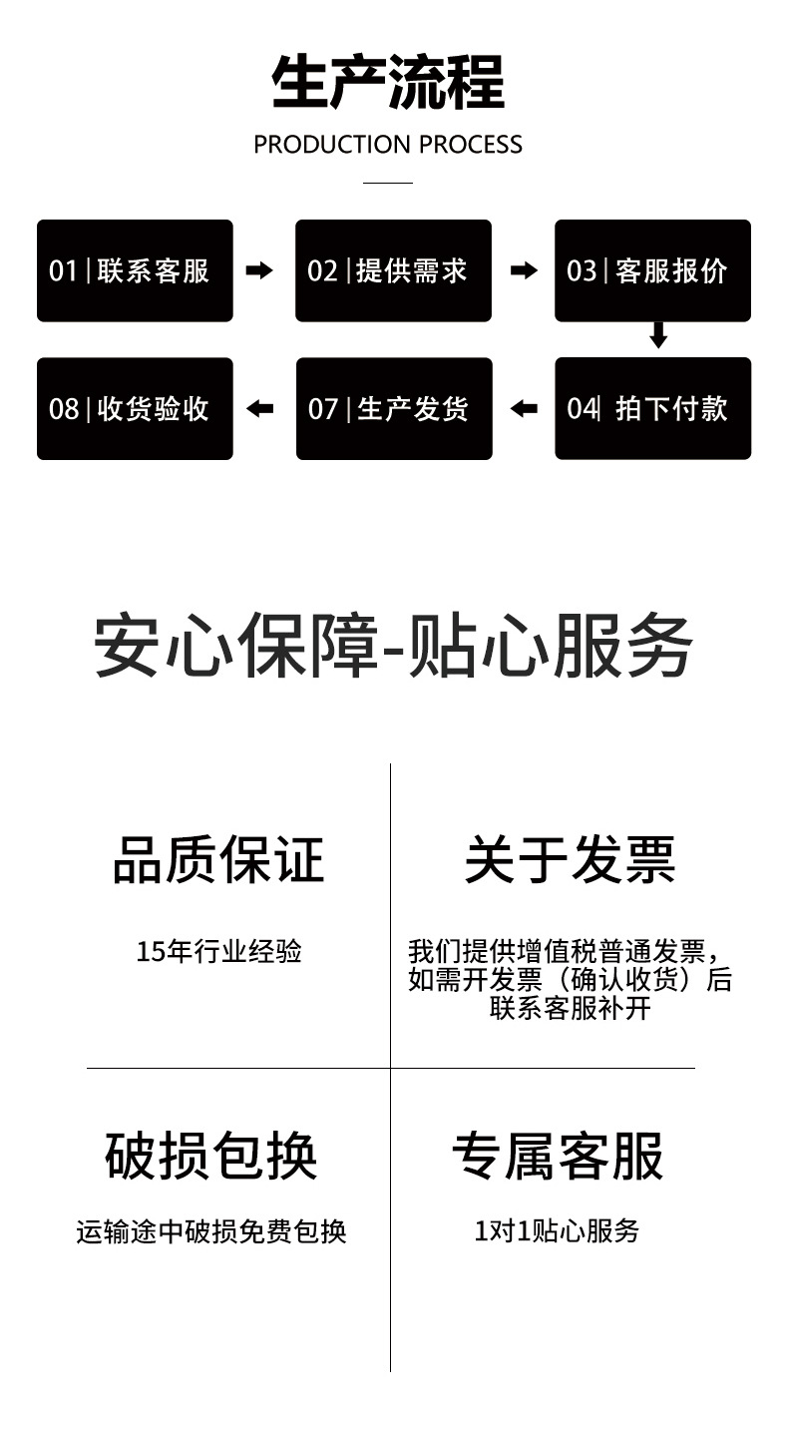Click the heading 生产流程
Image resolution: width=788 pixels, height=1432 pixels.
click(388, 83)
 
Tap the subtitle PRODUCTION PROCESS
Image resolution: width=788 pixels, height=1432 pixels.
click(388, 145)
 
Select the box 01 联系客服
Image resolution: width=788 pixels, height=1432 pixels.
click(135, 270)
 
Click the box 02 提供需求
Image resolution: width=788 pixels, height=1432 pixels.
click(393, 270)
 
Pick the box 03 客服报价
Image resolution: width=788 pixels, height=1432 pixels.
click(652, 270)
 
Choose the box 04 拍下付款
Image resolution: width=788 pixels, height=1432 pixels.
click(652, 408)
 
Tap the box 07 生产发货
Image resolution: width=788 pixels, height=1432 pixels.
click(394, 408)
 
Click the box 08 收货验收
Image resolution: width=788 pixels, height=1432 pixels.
click(135, 408)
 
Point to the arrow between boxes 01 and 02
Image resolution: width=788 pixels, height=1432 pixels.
click(259, 270)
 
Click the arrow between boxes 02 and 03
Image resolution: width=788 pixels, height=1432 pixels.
click(524, 270)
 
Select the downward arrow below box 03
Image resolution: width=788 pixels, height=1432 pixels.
click(657, 335)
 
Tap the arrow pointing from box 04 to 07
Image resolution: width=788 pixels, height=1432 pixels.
click(524, 408)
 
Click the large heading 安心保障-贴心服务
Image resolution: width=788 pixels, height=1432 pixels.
click(393, 646)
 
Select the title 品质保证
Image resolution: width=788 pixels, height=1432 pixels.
click(218, 859)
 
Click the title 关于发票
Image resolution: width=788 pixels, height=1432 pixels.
click(571, 859)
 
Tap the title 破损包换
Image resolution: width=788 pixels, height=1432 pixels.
click(211, 1156)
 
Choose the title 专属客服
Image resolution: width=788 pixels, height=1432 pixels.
click(558, 1156)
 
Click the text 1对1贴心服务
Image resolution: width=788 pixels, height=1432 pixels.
click(557, 1231)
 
